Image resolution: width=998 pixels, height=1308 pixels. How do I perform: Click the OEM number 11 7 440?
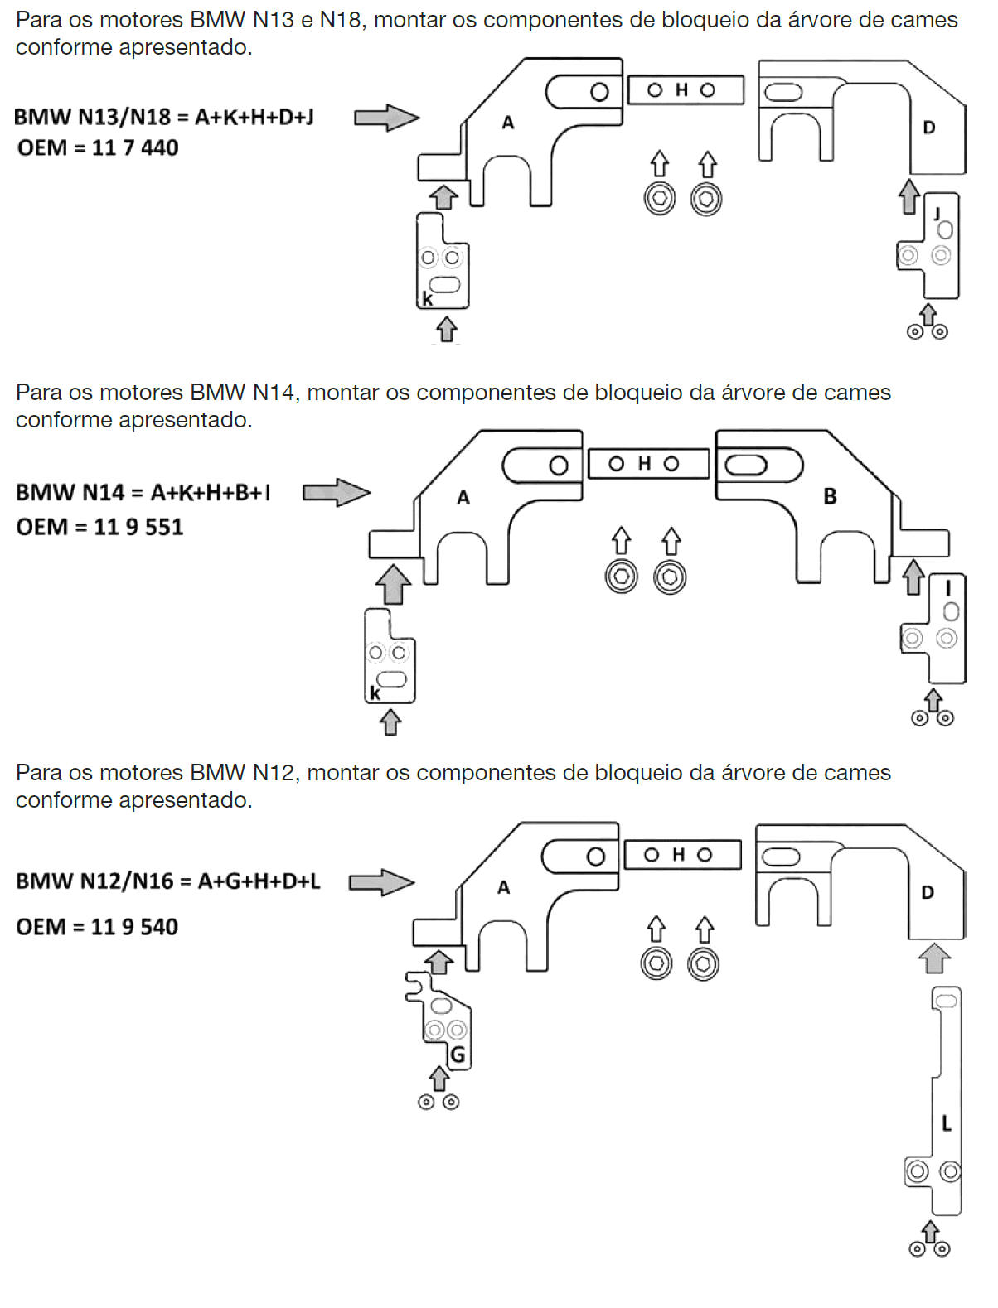click(x=135, y=147)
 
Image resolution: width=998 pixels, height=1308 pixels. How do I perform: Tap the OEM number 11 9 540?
click(x=134, y=927)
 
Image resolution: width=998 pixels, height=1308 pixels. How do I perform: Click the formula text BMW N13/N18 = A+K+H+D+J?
click(x=164, y=117)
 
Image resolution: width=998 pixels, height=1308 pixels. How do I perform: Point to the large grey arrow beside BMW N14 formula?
click(x=337, y=492)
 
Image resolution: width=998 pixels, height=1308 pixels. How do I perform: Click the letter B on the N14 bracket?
click(x=830, y=496)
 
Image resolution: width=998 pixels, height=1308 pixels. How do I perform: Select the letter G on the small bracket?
click(x=458, y=1055)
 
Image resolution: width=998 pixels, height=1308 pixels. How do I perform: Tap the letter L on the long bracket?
click(x=946, y=1123)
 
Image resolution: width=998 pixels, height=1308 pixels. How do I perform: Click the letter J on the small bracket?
click(x=937, y=214)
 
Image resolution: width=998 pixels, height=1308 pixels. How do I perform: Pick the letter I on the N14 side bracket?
click(x=948, y=589)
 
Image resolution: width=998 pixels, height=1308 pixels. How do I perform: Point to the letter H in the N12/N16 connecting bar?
click(x=678, y=855)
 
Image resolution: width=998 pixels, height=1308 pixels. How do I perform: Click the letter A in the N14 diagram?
click(x=463, y=497)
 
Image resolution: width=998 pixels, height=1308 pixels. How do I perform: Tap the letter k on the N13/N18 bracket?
click(x=427, y=298)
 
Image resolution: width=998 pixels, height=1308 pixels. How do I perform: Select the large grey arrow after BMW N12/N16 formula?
click(x=381, y=882)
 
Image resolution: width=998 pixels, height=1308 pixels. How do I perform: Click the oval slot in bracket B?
click(x=746, y=466)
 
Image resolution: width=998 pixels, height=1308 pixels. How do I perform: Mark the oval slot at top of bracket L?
click(x=946, y=1002)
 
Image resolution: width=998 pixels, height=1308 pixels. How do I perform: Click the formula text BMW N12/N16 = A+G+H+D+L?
click(x=168, y=881)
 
